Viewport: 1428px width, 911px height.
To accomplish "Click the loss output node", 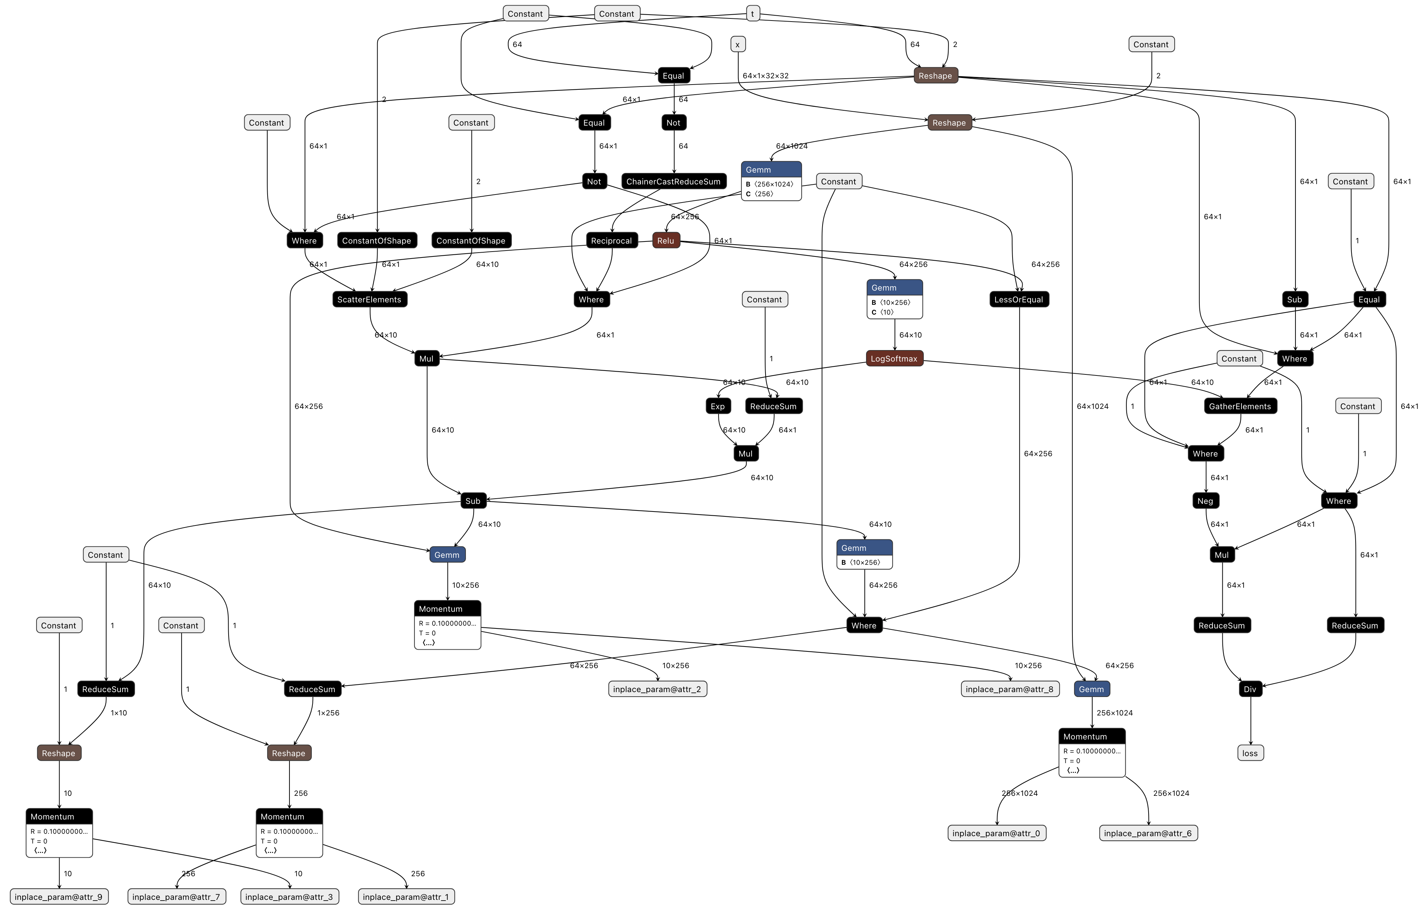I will (1250, 753).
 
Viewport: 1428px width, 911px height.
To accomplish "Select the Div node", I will (1250, 689).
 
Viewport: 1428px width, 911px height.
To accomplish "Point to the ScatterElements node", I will (370, 300).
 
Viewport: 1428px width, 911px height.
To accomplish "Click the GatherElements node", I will (1240, 406).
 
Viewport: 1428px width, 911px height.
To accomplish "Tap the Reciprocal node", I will (611, 241).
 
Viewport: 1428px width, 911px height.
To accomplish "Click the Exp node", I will (717, 406).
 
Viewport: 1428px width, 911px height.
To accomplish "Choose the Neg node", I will (1205, 501).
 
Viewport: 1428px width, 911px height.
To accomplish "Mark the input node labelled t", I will (753, 14).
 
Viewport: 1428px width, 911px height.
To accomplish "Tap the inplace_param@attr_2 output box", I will (657, 689).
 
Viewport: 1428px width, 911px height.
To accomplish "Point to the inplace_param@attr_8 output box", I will (1009, 689).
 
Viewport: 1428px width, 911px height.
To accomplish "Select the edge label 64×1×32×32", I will (765, 76).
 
